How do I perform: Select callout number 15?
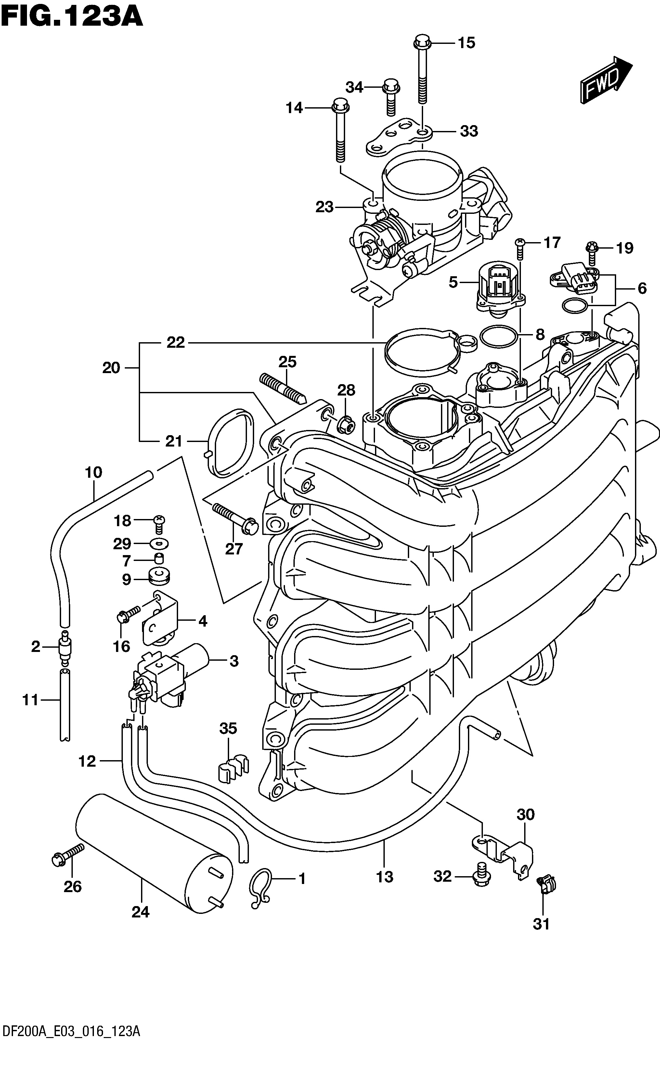pyautogui.click(x=466, y=43)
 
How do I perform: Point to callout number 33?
pyautogui.click(x=469, y=131)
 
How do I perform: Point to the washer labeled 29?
pyautogui.click(x=159, y=544)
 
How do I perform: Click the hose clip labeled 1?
pyautogui.click(x=260, y=888)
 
